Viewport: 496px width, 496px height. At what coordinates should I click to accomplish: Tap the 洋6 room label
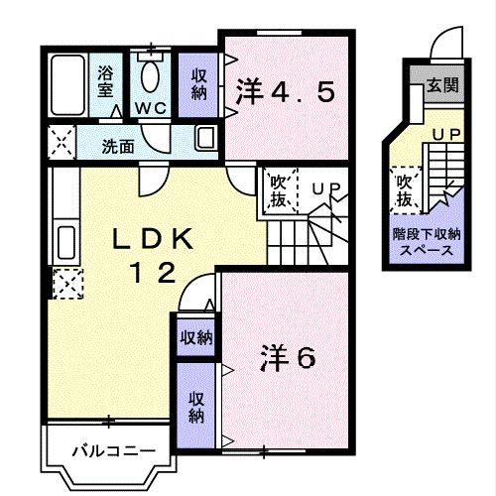288,355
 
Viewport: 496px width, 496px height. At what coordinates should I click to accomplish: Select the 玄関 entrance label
441,87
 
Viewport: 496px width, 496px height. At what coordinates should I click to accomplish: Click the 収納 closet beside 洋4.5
198,83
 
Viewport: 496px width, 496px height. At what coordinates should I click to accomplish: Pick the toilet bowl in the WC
152,75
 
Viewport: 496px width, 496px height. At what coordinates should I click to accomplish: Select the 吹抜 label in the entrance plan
405,190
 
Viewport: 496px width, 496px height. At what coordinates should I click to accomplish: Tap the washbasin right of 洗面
206,138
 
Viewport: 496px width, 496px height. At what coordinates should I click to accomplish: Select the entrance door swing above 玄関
443,45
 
